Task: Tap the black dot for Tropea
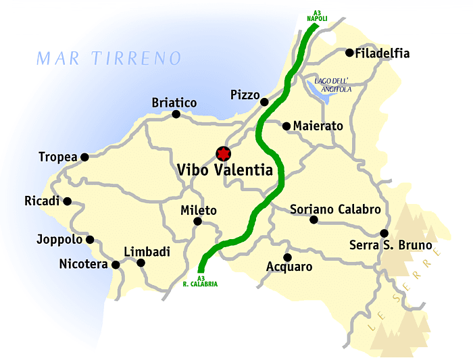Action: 84,157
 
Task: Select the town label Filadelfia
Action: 382,53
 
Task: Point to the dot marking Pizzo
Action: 264,102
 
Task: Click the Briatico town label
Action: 174,103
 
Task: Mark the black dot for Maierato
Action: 287,126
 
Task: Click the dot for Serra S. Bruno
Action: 384,233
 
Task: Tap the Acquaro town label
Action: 289,267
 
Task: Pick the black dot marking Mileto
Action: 198,222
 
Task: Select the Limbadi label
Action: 147,252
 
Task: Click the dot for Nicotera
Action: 116,265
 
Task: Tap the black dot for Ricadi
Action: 67,201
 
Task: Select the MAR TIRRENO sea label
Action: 109,58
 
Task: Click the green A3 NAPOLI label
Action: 317,16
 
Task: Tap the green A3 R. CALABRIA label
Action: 200,281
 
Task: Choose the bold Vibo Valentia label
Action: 225,170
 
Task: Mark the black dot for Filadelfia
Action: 349,53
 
